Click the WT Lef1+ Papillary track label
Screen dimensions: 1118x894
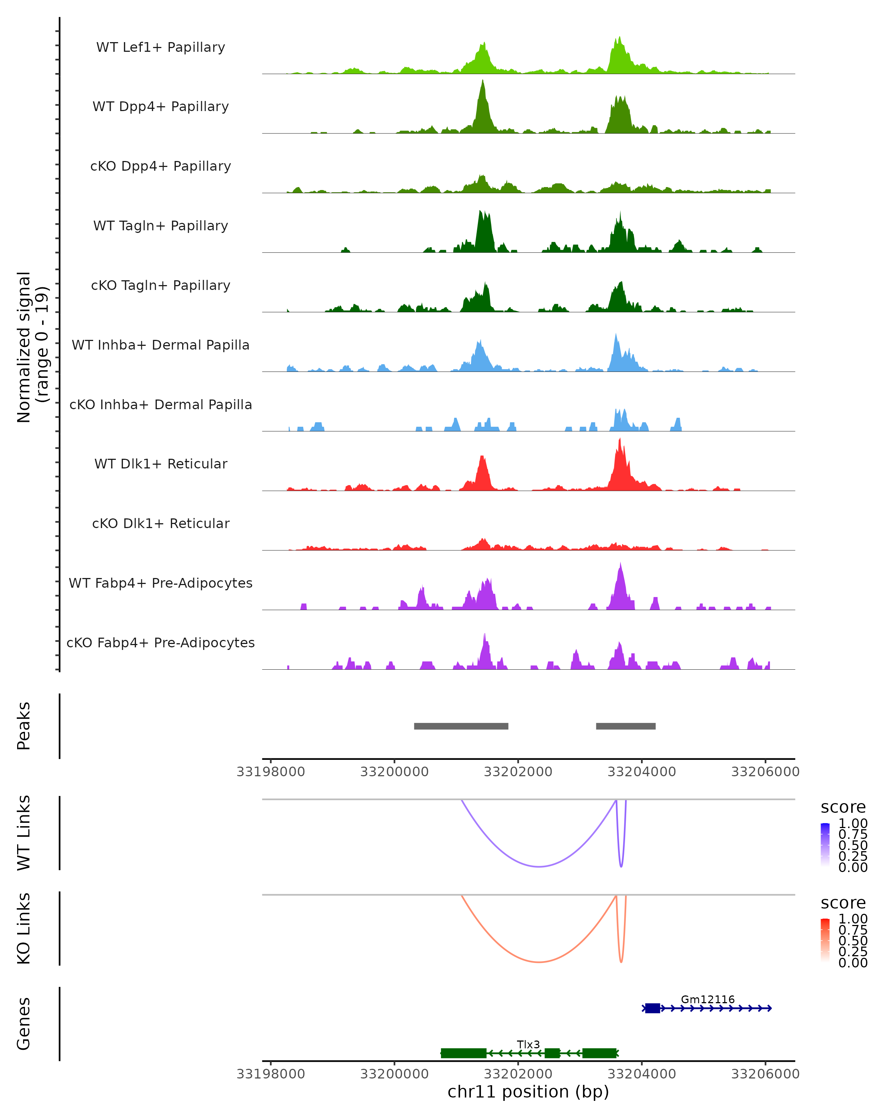(161, 47)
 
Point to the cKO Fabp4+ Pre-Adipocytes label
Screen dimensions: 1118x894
(161, 642)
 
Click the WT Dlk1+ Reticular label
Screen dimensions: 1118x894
(161, 464)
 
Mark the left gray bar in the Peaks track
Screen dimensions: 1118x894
(461, 726)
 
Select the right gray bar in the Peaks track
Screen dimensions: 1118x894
(625, 726)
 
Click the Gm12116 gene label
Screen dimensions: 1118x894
(707, 999)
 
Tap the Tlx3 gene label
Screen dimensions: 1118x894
(528, 1044)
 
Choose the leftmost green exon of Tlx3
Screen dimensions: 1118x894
(463, 1053)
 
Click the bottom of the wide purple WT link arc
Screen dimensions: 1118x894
(539, 866)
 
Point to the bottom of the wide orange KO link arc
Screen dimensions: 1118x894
(539, 962)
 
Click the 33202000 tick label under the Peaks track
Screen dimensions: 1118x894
(518, 772)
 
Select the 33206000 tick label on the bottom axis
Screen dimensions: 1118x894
(765, 1074)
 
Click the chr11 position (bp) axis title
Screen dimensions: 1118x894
(528, 1092)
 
